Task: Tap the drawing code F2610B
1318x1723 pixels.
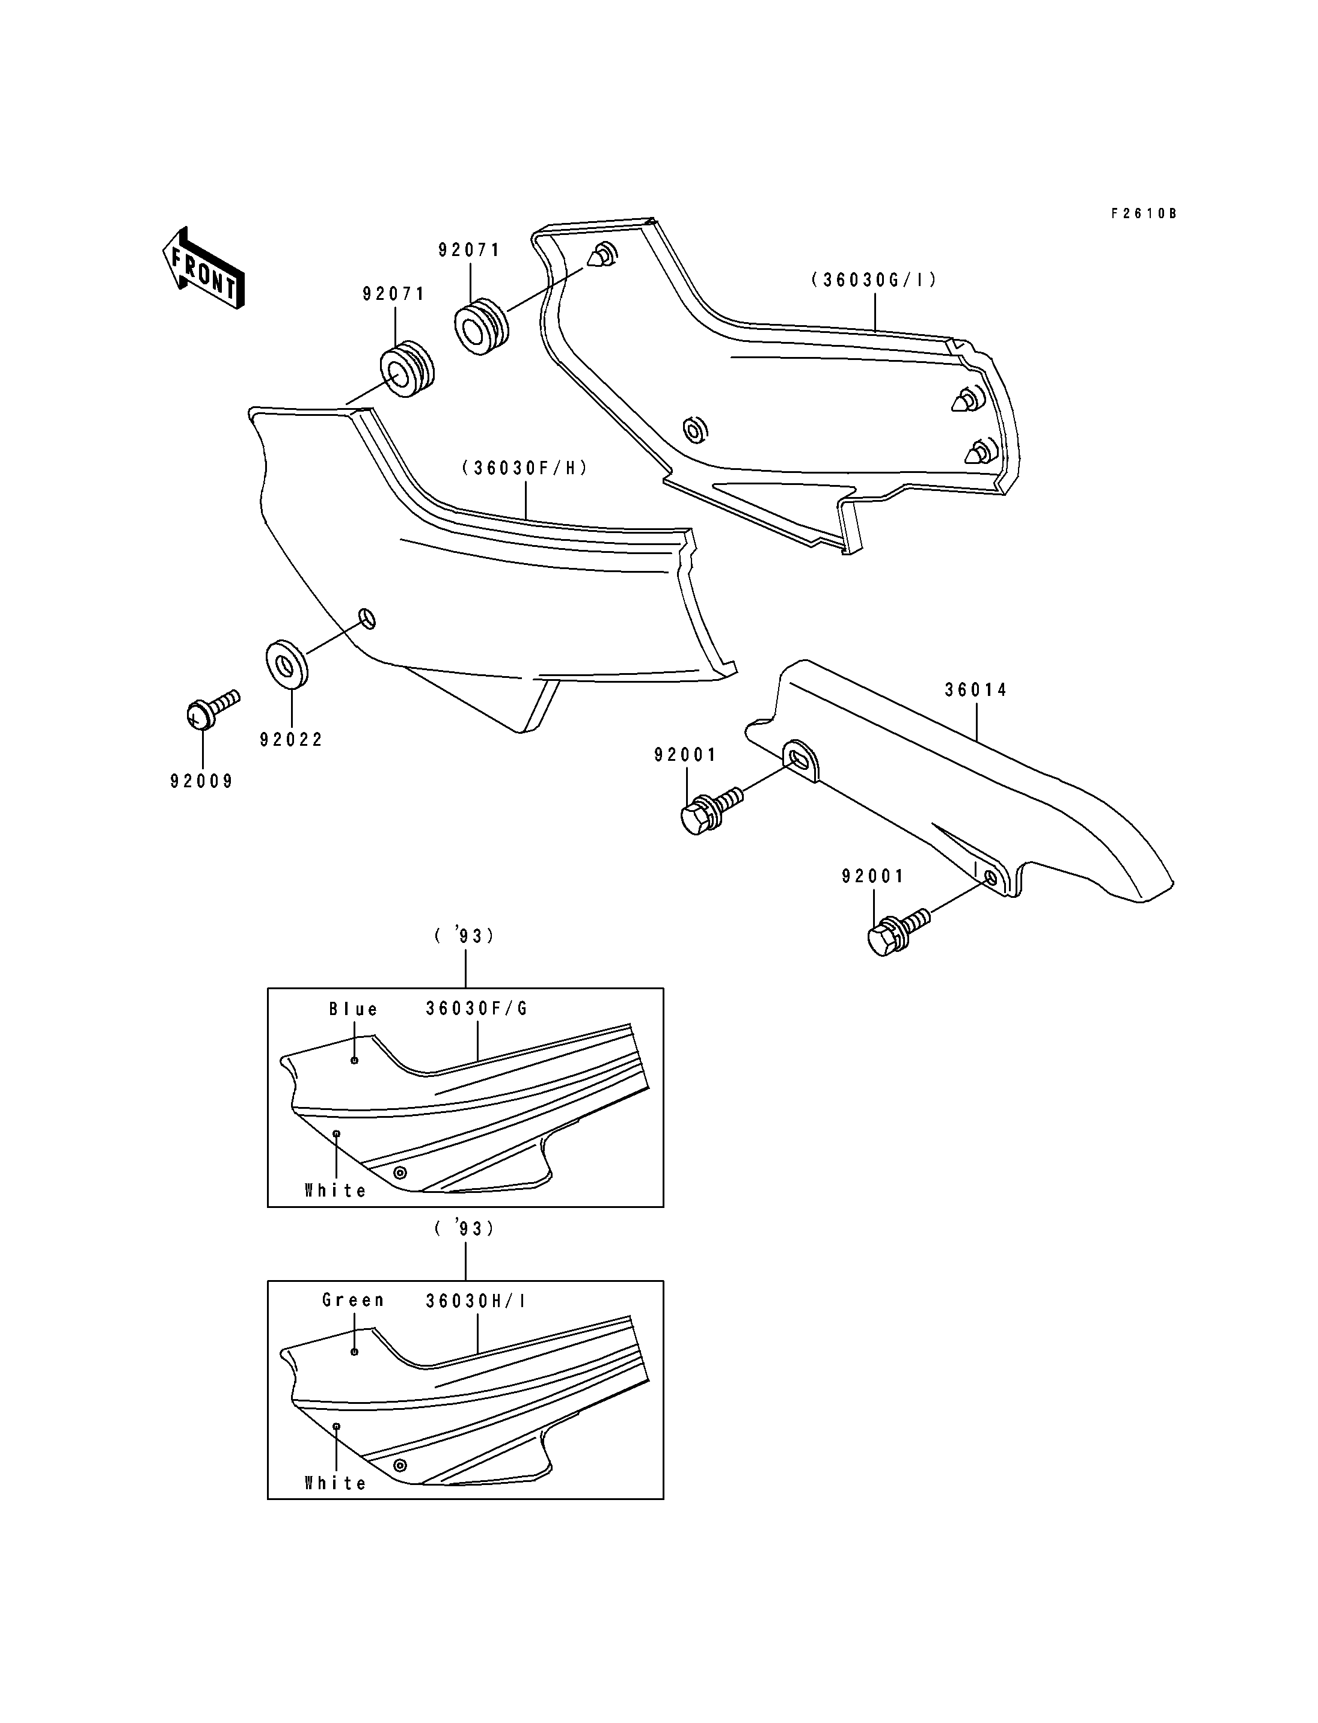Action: point(1144,213)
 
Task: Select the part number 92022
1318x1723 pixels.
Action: point(291,740)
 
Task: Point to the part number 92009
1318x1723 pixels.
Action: point(201,781)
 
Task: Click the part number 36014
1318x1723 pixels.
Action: point(976,690)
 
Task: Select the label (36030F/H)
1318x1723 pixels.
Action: point(525,468)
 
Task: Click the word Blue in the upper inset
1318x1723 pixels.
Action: point(353,1009)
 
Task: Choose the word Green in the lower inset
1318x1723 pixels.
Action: point(353,1301)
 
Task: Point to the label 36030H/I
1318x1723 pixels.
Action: point(476,1301)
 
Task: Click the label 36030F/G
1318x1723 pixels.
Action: point(477,1008)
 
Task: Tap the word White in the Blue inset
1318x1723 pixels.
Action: point(336,1191)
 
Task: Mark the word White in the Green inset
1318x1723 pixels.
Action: point(336,1483)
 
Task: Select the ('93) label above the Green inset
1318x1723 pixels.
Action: point(464,1229)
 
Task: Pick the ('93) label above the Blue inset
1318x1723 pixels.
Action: point(464,936)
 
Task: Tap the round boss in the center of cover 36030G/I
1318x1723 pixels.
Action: point(695,429)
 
